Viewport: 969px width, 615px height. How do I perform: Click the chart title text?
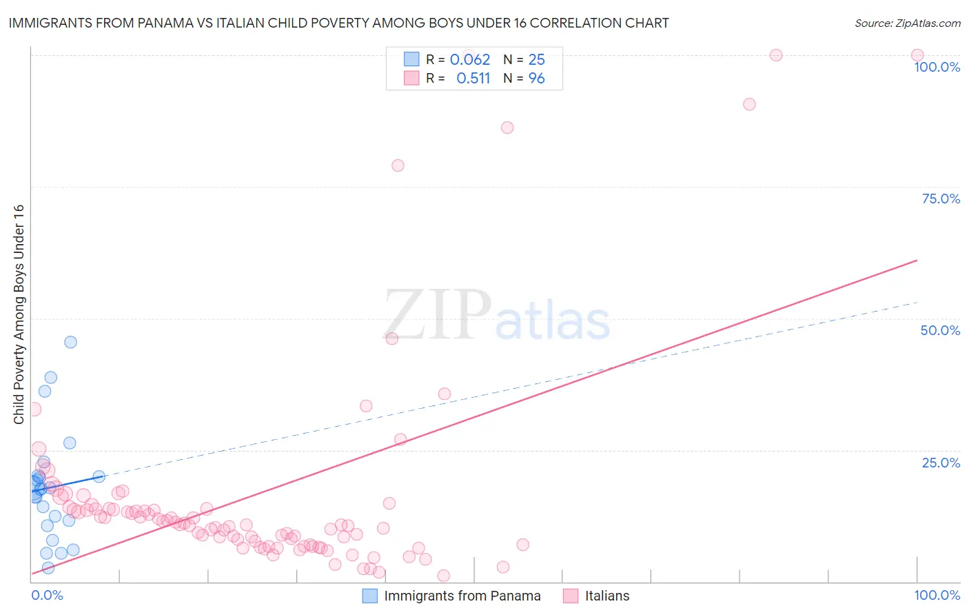[x=338, y=23]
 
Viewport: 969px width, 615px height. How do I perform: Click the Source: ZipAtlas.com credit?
[x=907, y=23]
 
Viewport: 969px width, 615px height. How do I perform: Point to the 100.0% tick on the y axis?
[x=937, y=67]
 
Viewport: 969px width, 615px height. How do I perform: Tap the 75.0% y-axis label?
[x=941, y=199]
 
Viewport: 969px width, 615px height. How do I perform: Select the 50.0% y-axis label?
[x=940, y=330]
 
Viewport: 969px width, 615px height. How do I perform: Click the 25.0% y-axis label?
[x=941, y=462]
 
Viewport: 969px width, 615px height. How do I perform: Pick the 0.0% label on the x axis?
[x=47, y=595]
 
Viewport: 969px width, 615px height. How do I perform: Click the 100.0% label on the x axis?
[x=937, y=595]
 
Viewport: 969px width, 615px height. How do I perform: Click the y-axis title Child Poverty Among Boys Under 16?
[x=19, y=314]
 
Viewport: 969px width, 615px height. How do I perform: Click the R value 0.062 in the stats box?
[x=470, y=60]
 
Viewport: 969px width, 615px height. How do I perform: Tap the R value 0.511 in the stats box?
[x=473, y=79]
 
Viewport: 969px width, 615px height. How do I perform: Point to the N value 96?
[x=536, y=79]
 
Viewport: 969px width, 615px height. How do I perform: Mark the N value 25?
[x=536, y=60]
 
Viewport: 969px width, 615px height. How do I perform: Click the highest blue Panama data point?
[x=70, y=342]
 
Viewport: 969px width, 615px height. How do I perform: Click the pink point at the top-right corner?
[x=917, y=55]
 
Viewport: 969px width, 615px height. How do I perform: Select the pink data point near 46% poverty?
[x=392, y=339]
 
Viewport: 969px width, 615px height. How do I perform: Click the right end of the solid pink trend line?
[x=917, y=261]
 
